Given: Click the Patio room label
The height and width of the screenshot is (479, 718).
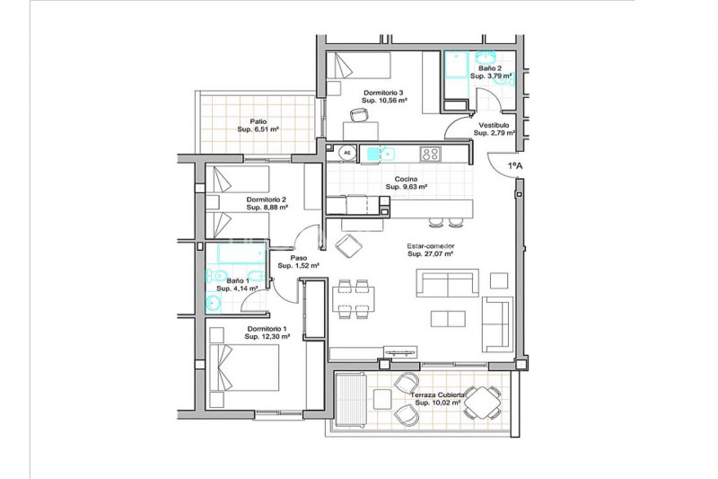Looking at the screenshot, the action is [x=258, y=121].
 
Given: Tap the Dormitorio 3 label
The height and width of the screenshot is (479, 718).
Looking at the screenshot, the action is [x=384, y=93].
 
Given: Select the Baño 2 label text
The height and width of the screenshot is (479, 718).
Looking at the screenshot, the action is [x=490, y=68].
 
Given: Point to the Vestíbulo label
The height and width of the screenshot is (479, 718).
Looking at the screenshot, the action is [x=494, y=125].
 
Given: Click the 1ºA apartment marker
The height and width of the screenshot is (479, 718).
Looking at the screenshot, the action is [x=515, y=165].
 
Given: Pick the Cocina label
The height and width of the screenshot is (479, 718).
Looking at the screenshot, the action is [x=407, y=179].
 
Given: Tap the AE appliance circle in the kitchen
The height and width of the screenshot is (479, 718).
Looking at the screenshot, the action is [x=347, y=153].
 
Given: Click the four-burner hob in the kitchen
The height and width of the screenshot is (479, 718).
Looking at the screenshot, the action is [x=431, y=154].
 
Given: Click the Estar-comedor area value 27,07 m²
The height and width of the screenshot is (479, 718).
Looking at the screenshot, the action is [x=431, y=254].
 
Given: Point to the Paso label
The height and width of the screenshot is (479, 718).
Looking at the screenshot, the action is [x=299, y=258].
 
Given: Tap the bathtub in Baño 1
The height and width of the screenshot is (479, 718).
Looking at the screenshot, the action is [x=241, y=253].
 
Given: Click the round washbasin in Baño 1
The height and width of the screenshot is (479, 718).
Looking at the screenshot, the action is [x=213, y=303].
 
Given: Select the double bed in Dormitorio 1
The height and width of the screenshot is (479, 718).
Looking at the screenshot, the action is [x=244, y=368].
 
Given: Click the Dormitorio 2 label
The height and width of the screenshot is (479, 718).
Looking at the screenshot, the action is [x=267, y=200].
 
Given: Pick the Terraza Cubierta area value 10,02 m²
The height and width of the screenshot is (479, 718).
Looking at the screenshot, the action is [x=438, y=403].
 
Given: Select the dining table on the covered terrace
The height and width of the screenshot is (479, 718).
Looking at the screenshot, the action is [x=482, y=403].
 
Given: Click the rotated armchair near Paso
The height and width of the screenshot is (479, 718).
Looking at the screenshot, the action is [x=348, y=246].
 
